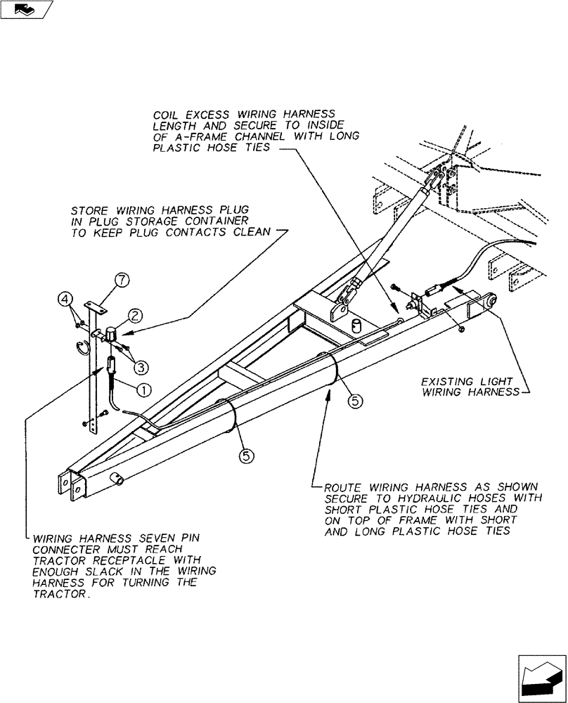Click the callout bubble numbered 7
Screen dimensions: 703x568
(x=122, y=281)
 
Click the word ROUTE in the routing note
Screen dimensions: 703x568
(x=340, y=486)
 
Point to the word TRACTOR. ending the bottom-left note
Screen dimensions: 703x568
(x=58, y=594)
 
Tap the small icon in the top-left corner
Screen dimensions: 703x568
(x=27, y=9)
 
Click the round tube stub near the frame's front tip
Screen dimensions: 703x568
(x=116, y=479)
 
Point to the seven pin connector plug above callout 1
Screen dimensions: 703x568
(x=111, y=368)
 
